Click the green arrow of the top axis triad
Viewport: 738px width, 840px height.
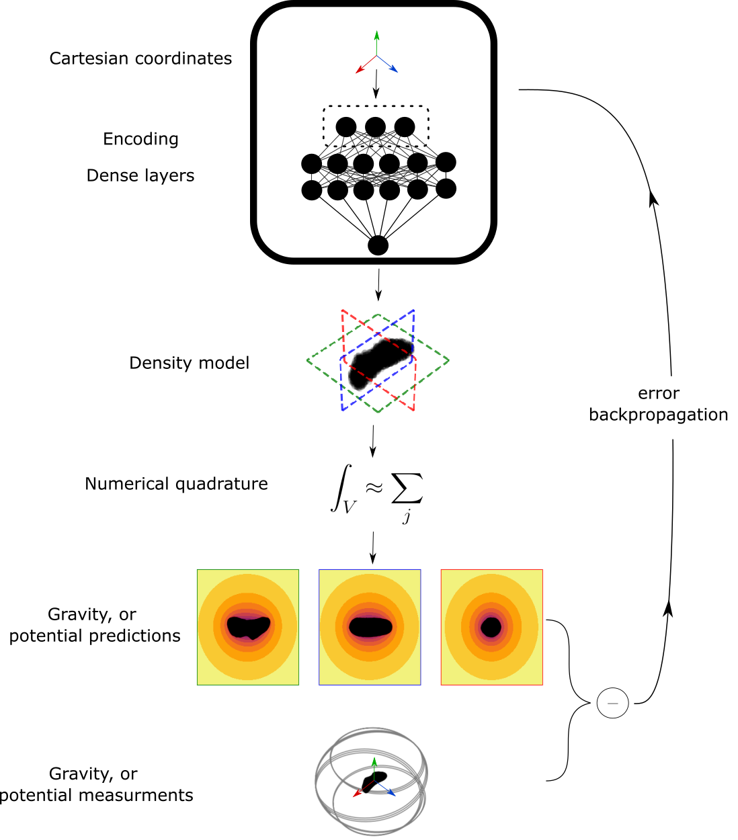click(376, 40)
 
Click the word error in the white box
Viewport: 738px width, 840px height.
click(659, 394)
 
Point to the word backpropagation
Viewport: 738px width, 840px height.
click(659, 415)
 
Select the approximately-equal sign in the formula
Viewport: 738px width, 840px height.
click(374, 487)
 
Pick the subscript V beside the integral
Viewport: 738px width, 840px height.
click(350, 507)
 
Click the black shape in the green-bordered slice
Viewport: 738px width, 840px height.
click(249, 626)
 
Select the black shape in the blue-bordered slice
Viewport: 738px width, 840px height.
click(370, 626)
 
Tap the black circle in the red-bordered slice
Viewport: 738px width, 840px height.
click(492, 627)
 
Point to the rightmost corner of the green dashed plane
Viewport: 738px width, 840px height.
click(448, 360)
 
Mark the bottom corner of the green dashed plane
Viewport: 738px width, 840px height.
click(378, 411)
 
